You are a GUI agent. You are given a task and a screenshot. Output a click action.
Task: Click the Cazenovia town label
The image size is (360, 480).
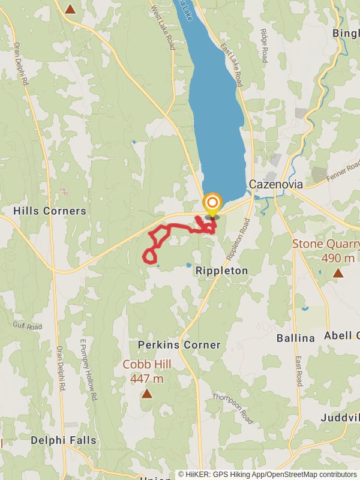point(276,184)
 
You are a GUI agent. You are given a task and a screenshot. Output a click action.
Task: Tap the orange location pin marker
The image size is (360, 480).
point(212,204)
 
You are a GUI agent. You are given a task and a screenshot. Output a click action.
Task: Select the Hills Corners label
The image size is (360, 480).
point(50,211)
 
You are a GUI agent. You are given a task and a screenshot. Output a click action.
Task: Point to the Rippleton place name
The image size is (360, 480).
point(221,271)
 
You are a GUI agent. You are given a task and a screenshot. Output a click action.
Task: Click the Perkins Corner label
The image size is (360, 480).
point(179,345)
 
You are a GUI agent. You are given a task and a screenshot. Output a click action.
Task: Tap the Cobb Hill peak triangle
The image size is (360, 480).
point(147,394)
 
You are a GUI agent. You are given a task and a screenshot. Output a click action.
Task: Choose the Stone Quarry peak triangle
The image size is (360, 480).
point(338,273)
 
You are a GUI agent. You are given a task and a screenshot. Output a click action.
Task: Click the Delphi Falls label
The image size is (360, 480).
point(64,440)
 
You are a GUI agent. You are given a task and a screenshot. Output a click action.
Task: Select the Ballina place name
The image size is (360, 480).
point(296,338)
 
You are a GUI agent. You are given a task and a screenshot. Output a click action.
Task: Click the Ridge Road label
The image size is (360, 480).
point(264,45)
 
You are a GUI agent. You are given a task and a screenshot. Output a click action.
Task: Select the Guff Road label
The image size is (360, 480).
point(27,326)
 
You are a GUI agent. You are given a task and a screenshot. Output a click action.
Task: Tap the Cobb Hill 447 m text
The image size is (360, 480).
point(147,371)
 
